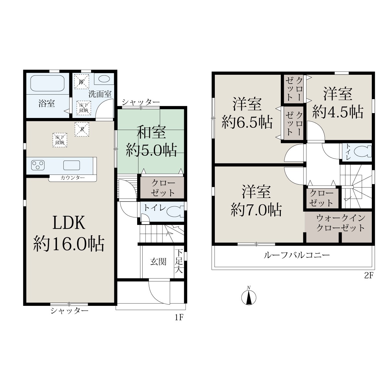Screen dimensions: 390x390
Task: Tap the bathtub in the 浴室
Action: tap(47, 83)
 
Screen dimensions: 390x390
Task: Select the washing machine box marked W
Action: tap(82, 82)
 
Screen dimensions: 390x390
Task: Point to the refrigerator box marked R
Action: tap(82, 129)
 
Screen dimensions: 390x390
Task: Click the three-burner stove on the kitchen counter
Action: tap(38, 165)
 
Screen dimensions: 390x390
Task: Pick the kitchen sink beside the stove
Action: tap(71, 165)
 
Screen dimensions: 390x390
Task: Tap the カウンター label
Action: tap(73, 178)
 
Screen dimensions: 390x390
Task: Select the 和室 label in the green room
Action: tap(151, 133)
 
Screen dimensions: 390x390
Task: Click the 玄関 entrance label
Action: tap(158, 262)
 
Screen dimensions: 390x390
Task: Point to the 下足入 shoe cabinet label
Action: tap(179, 261)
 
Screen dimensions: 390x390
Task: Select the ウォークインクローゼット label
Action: tap(341, 223)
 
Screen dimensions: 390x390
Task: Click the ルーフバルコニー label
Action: tap(297, 255)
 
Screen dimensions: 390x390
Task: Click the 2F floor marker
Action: tap(369, 276)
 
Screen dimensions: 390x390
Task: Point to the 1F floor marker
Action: tap(179, 318)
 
